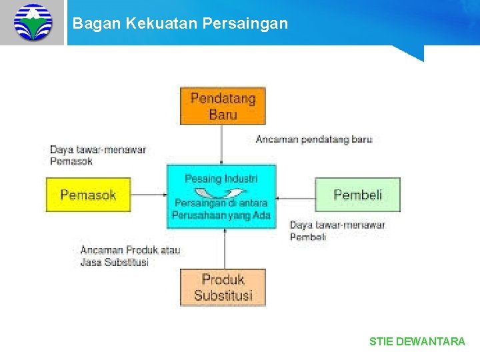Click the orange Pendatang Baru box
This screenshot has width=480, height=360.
pos(223,106)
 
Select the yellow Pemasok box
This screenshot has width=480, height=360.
pos(88,195)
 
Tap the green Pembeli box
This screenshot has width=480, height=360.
pos(357,195)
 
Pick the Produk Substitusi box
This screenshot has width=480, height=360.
pos(223,287)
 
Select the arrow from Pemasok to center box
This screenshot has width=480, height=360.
pos(149,195)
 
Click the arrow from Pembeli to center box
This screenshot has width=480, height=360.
pos(295,197)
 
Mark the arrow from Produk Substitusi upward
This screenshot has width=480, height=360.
pos(225,249)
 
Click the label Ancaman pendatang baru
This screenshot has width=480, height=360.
pos(314,139)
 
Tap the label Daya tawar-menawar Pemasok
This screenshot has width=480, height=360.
pos(97,155)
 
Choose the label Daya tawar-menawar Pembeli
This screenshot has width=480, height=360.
pos(337,231)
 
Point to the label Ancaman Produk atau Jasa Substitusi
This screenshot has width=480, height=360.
pos(130,256)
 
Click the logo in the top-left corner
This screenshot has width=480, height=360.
pos(32,22)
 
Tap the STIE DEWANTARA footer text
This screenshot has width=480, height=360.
pos(417,341)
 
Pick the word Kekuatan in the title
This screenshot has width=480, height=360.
pos(149,23)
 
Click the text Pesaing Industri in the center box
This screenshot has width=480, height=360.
pos(221,179)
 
